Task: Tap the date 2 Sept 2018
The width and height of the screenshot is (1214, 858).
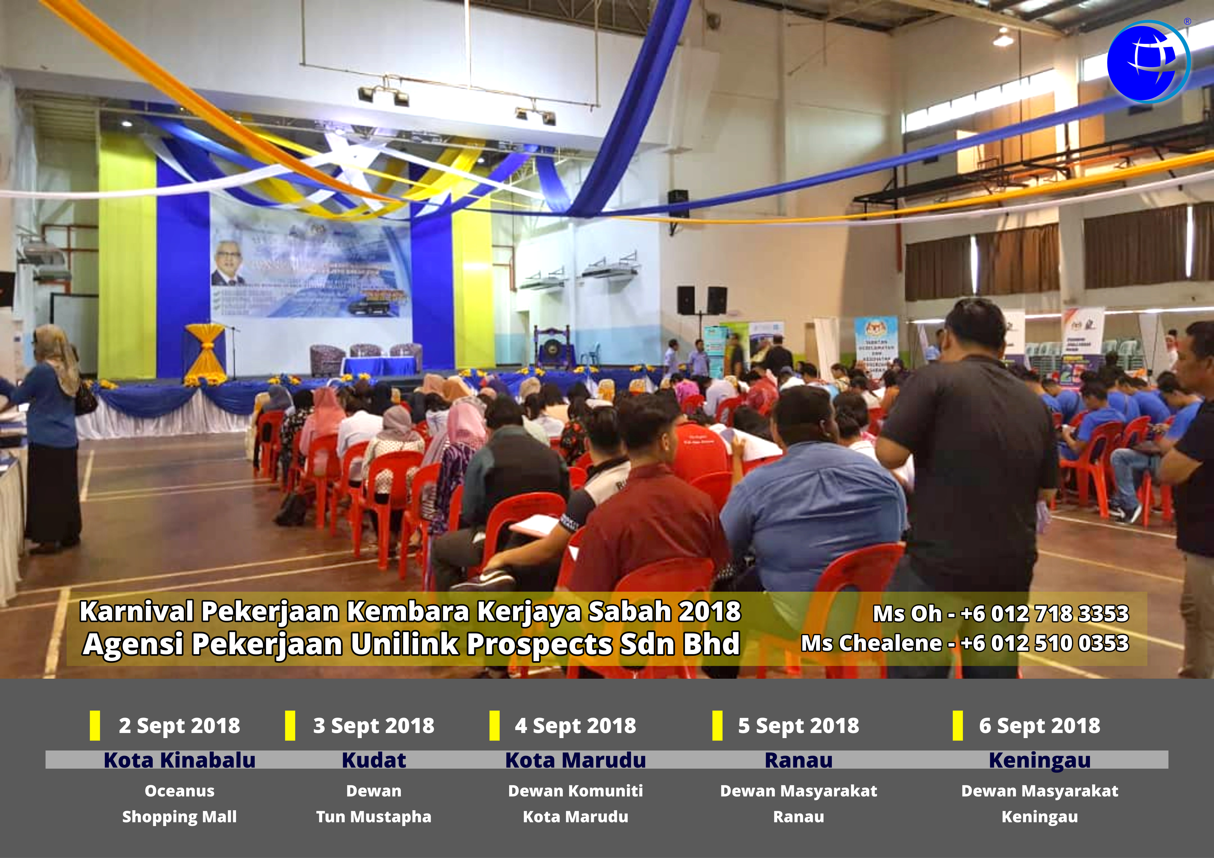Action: point(179,725)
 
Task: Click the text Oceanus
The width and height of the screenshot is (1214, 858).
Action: point(179,791)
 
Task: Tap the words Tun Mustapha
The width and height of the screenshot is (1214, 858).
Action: point(374,817)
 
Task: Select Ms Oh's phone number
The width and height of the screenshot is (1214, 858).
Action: point(1044,613)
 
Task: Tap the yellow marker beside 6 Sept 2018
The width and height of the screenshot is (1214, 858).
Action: point(958,725)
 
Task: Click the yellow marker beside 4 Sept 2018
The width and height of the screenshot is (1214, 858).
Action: point(494,725)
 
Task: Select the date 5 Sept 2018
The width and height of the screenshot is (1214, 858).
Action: point(798,725)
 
